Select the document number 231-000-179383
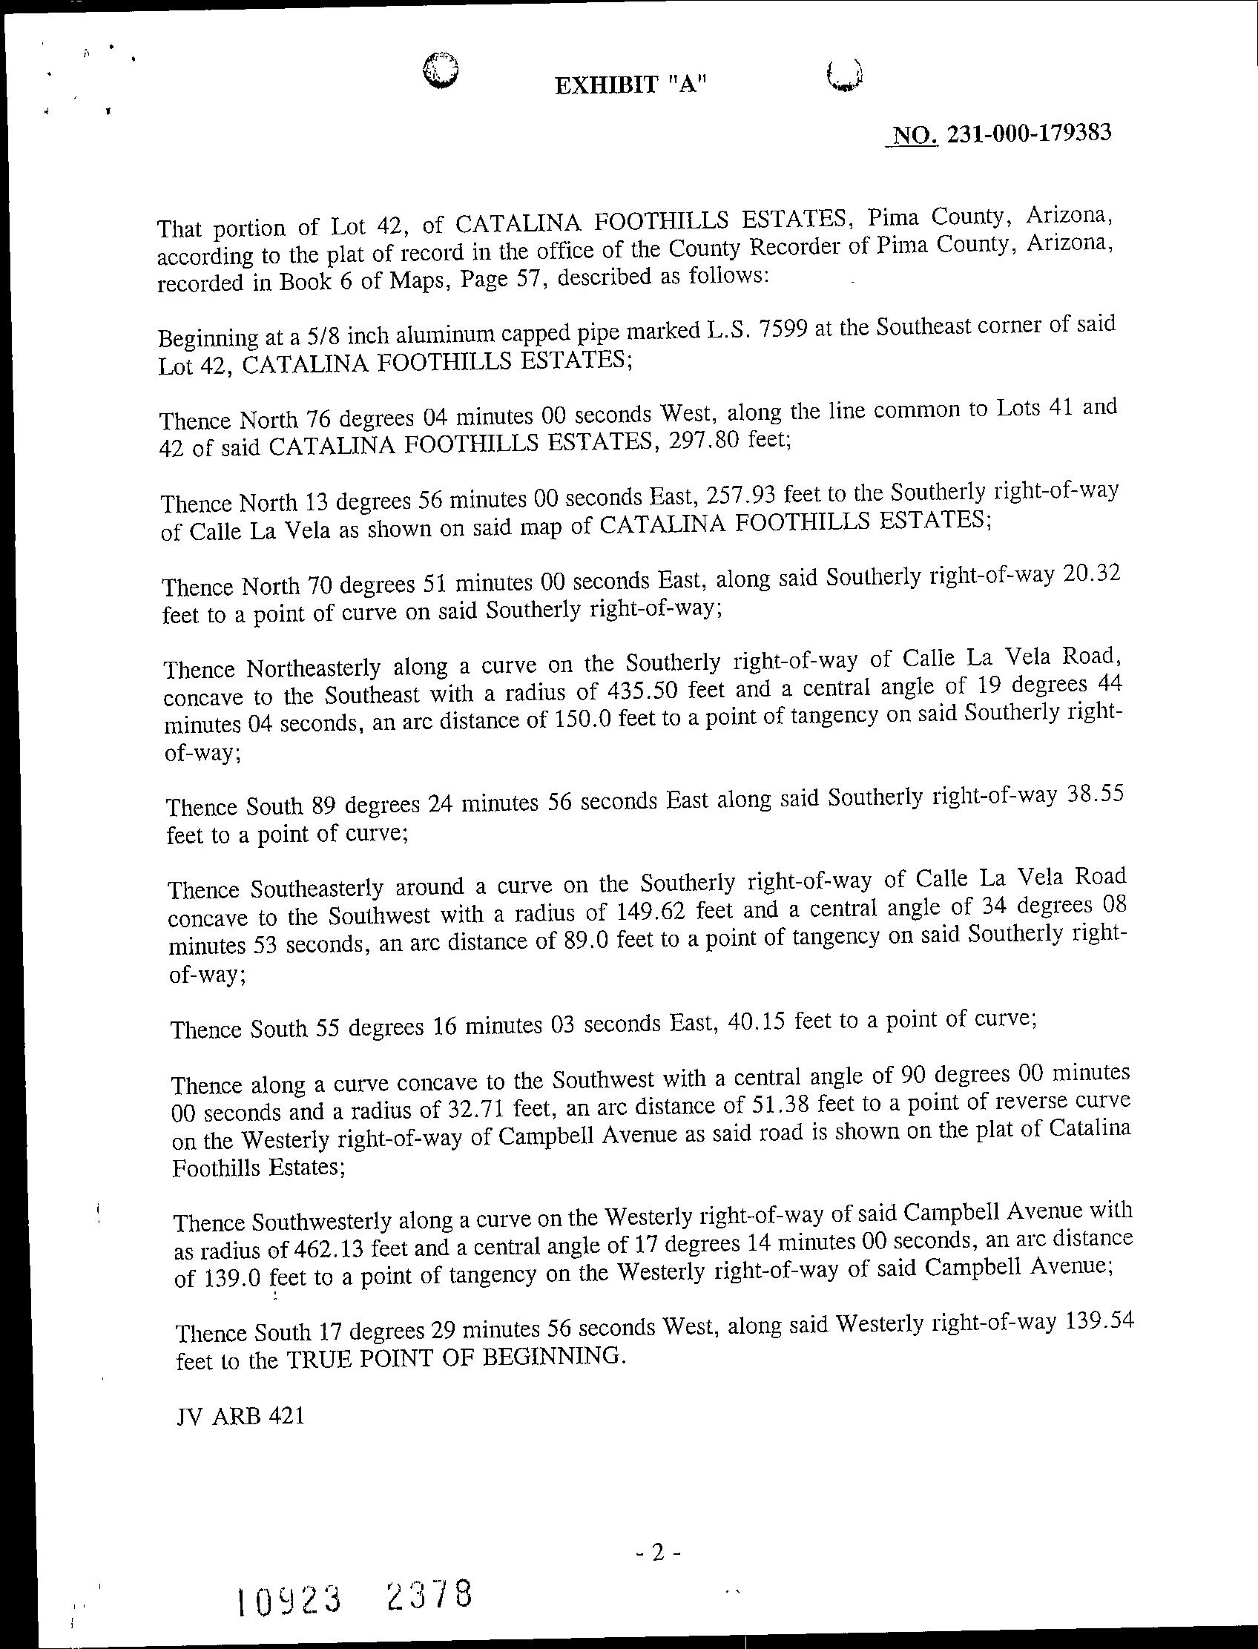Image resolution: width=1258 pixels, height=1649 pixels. (1028, 134)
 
